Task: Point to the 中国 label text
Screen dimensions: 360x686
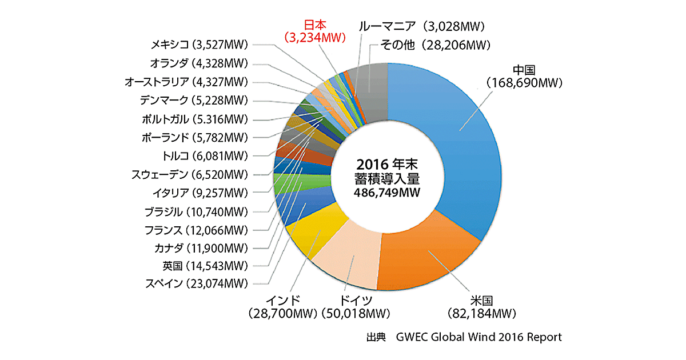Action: [524, 70]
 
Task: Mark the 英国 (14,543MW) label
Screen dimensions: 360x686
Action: [205, 266]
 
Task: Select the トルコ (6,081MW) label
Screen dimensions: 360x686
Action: [205, 155]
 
